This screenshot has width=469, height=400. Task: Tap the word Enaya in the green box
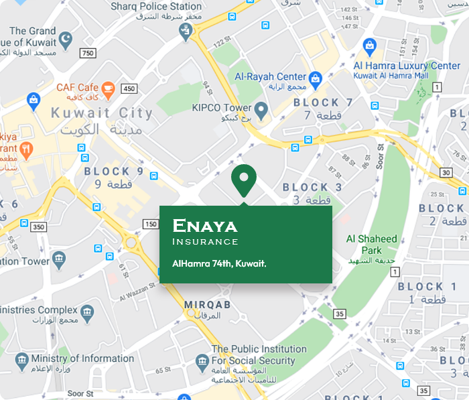tap(204, 225)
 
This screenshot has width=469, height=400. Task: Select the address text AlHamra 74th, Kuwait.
tap(219, 263)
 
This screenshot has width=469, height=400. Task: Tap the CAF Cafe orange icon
tap(109, 88)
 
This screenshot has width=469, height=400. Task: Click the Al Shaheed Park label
tap(372, 245)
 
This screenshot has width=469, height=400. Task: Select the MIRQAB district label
tap(208, 305)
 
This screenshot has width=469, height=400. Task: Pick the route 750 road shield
tap(87, 53)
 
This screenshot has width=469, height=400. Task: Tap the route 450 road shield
tap(129, 88)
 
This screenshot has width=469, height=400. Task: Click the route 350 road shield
tap(39, 227)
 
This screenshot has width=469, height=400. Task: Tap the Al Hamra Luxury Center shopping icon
tap(369, 47)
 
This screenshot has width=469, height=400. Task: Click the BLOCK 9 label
tap(114, 172)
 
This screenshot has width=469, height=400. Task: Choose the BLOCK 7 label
tap(323, 103)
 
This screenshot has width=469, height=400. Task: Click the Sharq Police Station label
tap(156, 7)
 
